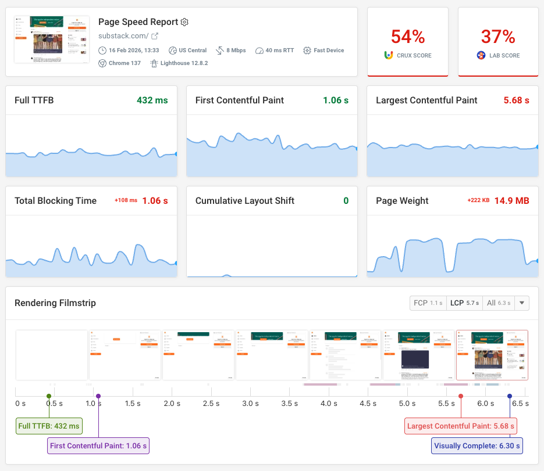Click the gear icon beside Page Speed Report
click(x=184, y=22)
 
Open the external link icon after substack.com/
click(x=155, y=36)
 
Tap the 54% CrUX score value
click(x=408, y=37)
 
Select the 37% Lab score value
click(x=498, y=37)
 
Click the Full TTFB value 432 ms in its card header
click(x=152, y=100)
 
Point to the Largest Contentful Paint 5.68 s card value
click(x=516, y=100)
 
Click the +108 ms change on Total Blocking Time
click(x=126, y=201)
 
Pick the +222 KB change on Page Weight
click(x=478, y=201)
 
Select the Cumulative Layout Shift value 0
click(x=346, y=201)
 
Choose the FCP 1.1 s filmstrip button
click(x=428, y=303)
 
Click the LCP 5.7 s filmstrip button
click(x=464, y=303)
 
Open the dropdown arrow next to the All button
click(x=522, y=303)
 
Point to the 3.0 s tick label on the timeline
click(x=250, y=404)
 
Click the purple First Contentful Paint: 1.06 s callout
click(x=99, y=446)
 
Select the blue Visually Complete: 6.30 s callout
click(x=476, y=446)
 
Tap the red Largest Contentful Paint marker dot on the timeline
click(x=461, y=396)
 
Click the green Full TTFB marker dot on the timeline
click(x=49, y=396)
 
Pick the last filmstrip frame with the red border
click(x=492, y=355)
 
